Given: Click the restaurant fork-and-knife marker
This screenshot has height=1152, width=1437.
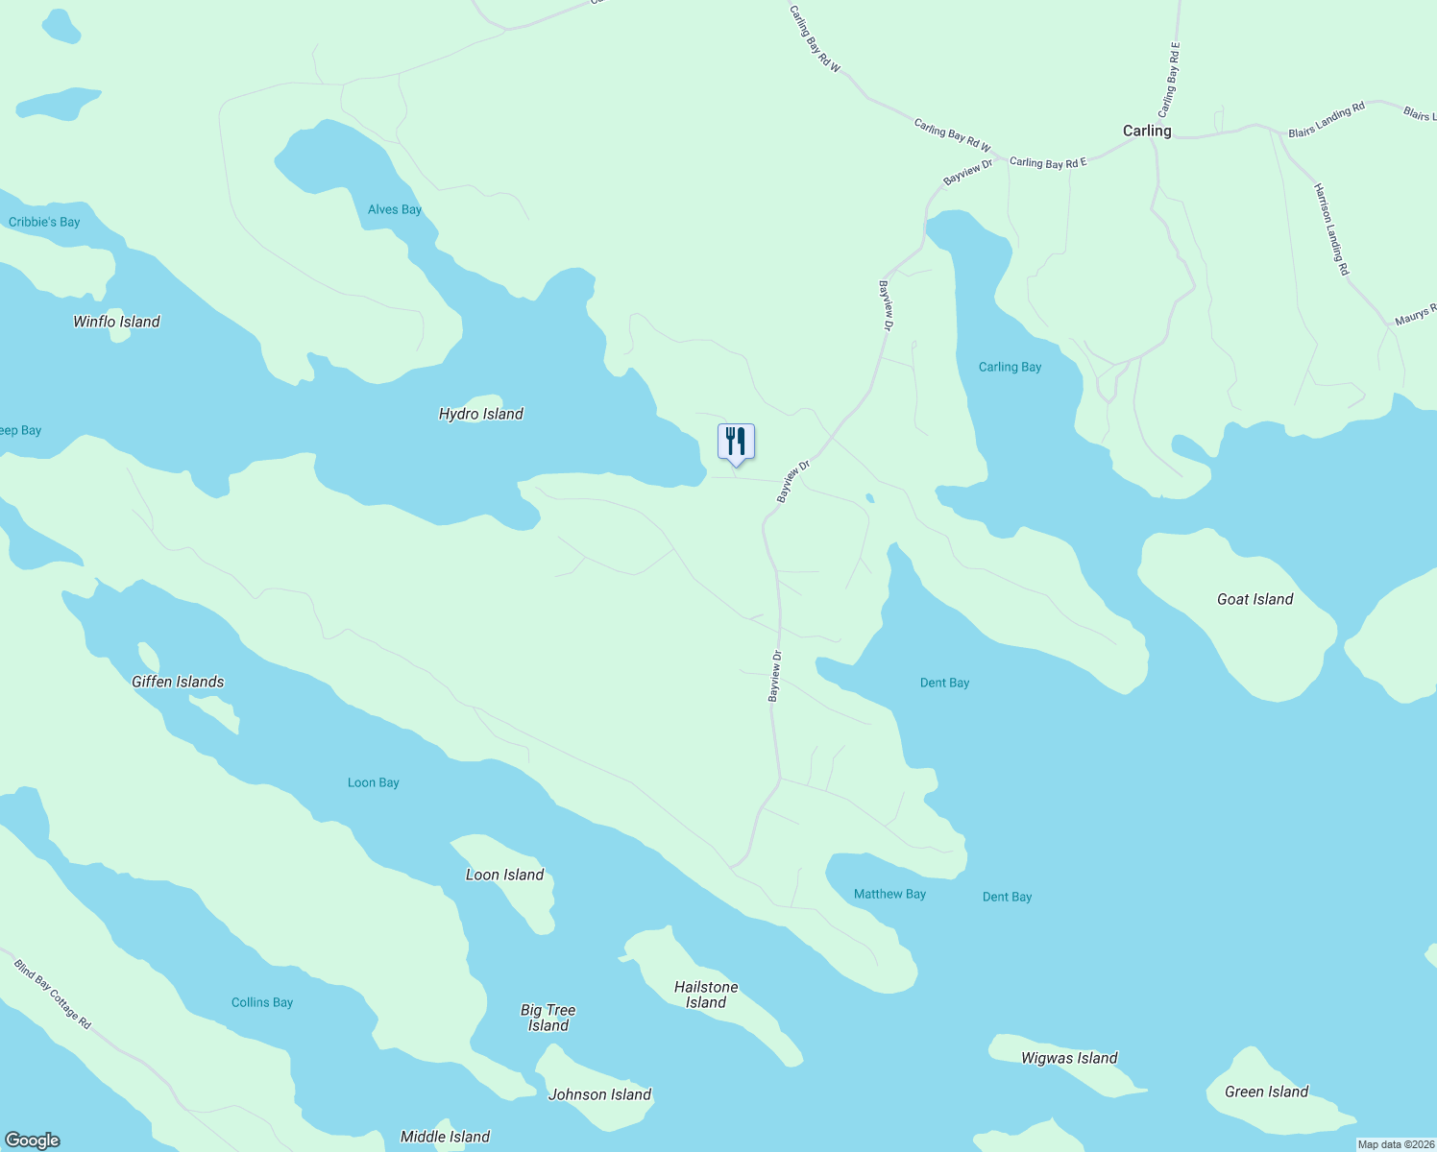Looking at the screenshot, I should [x=736, y=442].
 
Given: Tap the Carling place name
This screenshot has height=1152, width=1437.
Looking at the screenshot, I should [x=1147, y=131].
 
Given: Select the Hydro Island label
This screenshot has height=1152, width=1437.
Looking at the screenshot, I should [x=480, y=414].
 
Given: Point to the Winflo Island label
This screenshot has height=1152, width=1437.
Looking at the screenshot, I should [x=116, y=322].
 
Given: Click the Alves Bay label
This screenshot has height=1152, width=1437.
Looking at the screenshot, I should [x=395, y=209].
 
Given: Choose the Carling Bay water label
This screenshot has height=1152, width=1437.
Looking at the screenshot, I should [x=1010, y=367].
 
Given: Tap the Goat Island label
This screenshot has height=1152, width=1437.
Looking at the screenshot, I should [x=1254, y=599].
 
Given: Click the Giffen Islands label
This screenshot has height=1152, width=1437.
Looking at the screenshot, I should [x=178, y=682].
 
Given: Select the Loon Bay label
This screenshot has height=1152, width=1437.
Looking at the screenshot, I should [x=373, y=782].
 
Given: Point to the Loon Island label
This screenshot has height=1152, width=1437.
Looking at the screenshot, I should [x=504, y=875].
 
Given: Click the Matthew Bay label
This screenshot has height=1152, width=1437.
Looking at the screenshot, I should [x=889, y=894].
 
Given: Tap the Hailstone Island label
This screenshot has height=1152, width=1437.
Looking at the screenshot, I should [x=706, y=995].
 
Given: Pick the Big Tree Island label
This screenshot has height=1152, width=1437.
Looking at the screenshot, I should [x=548, y=1018].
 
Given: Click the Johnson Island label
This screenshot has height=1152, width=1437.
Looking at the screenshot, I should [x=599, y=1094].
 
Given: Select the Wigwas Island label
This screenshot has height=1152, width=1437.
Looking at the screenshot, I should [x=1069, y=1058].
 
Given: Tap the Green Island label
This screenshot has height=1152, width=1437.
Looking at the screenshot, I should [x=1266, y=1092].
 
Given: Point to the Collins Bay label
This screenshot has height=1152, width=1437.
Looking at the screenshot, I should [x=262, y=1002].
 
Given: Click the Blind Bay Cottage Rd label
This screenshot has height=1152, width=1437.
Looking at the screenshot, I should [x=52, y=994].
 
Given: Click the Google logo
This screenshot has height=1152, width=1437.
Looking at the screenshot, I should [x=33, y=1140].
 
